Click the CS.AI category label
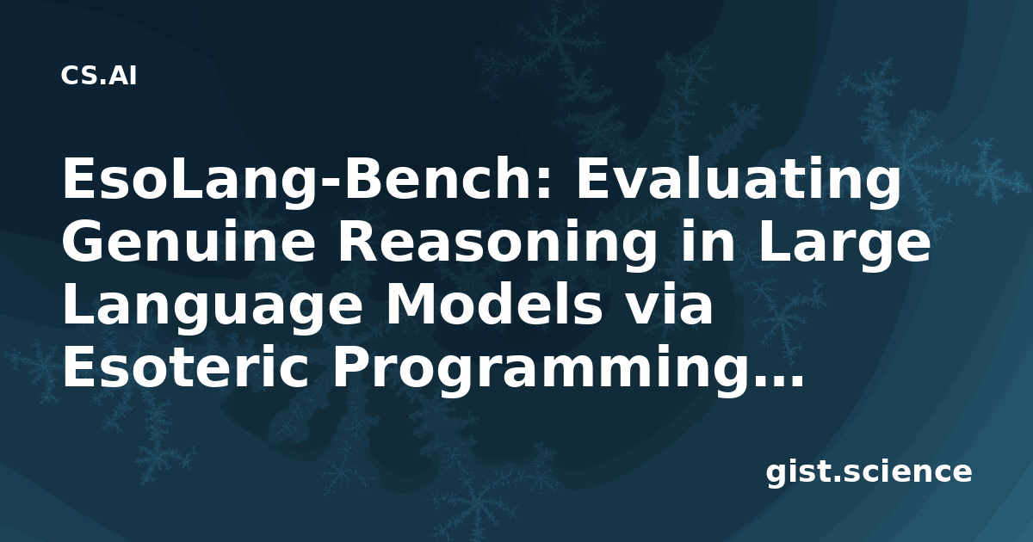tap(98, 76)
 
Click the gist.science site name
tap(869, 472)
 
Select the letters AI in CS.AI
tap(123, 76)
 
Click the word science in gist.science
tap(908, 472)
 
